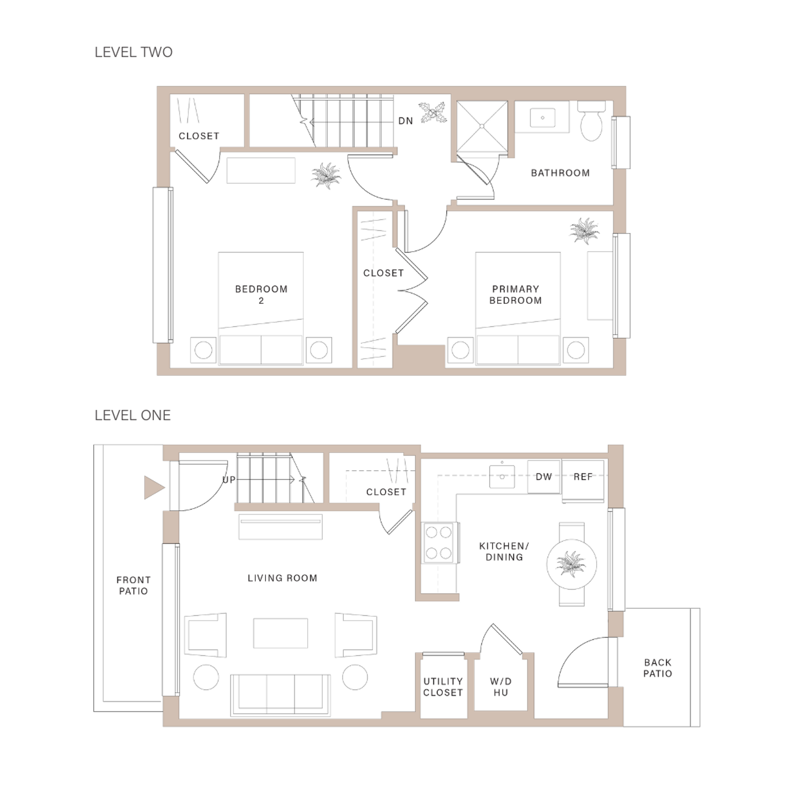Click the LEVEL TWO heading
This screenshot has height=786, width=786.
pyautogui.click(x=133, y=52)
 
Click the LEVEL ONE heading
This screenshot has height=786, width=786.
pyautogui.click(x=133, y=415)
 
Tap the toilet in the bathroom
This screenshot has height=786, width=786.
pyautogui.click(x=591, y=122)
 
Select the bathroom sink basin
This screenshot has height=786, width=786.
pyautogui.click(x=542, y=118)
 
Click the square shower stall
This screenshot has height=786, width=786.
pyautogui.click(x=482, y=126)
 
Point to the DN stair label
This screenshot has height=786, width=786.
pyautogui.click(x=405, y=121)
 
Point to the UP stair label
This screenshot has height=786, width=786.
pyautogui.click(x=229, y=479)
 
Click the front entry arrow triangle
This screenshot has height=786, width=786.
pyautogui.click(x=154, y=488)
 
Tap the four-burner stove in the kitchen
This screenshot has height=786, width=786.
pyautogui.click(x=438, y=543)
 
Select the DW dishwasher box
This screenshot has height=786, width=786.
pyautogui.click(x=544, y=477)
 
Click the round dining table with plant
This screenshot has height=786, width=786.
pyautogui.click(x=571, y=564)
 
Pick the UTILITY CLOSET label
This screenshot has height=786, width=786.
pyautogui.click(x=443, y=687)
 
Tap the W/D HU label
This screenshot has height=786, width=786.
pyautogui.click(x=501, y=687)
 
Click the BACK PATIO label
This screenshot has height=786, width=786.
pyautogui.click(x=657, y=668)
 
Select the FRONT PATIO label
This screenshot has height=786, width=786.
pyautogui.click(x=133, y=585)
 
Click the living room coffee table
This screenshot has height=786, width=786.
pyautogui.click(x=280, y=633)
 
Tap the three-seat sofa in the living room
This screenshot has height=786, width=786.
pyautogui.click(x=280, y=695)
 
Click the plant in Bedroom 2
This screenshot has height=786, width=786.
pyautogui.click(x=325, y=175)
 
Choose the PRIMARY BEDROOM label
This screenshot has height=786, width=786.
pyautogui.click(x=515, y=295)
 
